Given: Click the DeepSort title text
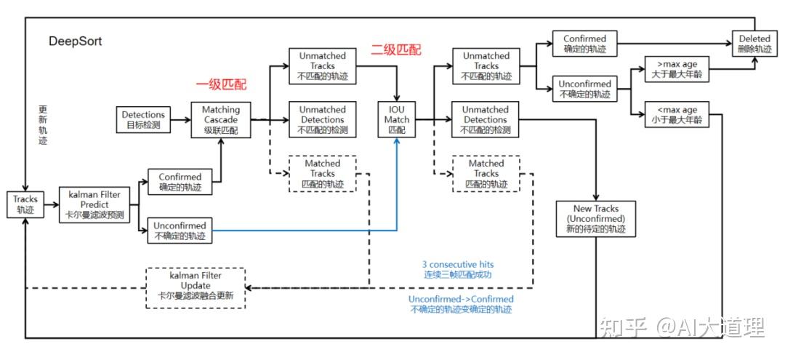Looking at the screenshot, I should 76,41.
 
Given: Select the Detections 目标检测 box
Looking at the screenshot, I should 143,119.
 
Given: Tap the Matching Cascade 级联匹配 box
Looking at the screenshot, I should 220,120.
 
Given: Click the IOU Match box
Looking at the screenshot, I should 397,120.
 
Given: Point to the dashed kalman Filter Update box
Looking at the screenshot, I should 196,287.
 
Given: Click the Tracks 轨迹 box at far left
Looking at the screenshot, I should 25,204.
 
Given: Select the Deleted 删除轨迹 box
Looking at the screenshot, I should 754,44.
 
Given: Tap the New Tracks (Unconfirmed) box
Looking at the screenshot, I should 596,218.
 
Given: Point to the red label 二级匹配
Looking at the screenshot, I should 397,50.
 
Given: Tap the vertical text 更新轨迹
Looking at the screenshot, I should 43,125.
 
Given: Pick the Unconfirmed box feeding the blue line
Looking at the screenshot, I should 180,231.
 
